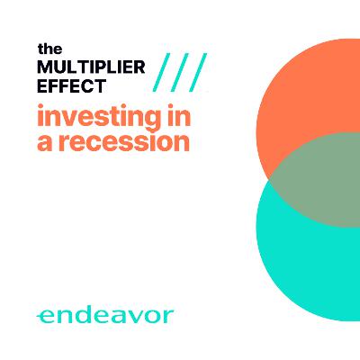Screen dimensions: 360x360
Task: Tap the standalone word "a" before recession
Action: click(x=45, y=143)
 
